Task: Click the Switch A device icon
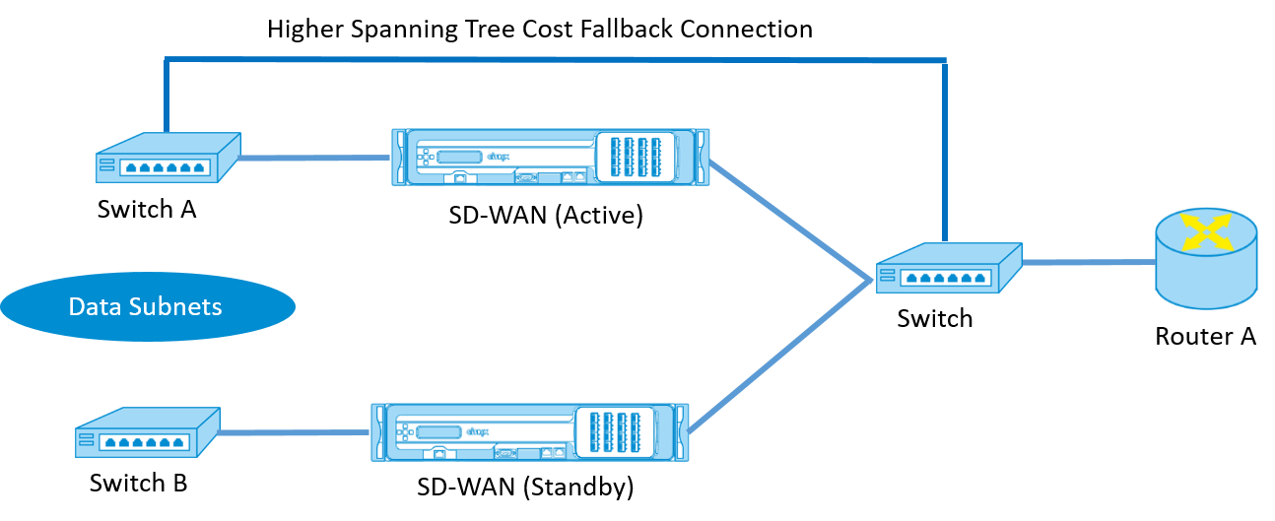(x=168, y=158)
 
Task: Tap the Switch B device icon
(x=148, y=432)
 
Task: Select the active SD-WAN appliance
(x=551, y=157)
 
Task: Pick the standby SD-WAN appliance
(x=530, y=432)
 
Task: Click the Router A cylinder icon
(x=1206, y=259)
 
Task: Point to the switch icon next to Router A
(x=949, y=268)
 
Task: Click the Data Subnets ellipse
(x=148, y=306)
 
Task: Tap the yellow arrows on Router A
(x=1207, y=230)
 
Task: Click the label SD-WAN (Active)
(x=546, y=215)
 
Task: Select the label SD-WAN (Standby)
(x=525, y=487)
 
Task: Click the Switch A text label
(x=147, y=210)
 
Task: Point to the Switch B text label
(x=138, y=483)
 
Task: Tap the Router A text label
(x=1206, y=336)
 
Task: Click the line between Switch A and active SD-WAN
(x=314, y=158)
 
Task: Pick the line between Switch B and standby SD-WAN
(x=295, y=432)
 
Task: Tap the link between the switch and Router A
(x=1089, y=262)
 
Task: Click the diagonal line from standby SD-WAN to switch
(x=779, y=355)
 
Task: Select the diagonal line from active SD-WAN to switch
(x=790, y=220)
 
